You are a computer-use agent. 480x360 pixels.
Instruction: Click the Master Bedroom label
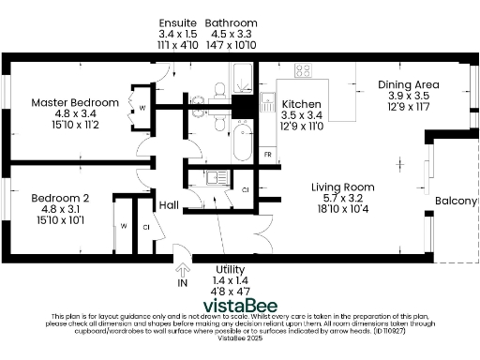pos(75,102)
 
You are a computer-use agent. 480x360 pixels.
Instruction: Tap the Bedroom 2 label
pos(60,198)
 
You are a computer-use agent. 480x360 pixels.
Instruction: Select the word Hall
pos(169,205)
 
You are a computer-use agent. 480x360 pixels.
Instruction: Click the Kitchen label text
pos(302,104)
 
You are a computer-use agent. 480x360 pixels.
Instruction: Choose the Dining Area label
pos(408,84)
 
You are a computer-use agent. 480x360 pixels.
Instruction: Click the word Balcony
pos(457,202)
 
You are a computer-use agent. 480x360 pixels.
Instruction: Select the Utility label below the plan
pos(230,269)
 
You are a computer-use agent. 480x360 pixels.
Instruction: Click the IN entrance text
pos(182,282)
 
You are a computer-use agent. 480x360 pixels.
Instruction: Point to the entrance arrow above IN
pos(182,268)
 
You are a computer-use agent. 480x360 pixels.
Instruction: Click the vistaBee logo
pos(240,304)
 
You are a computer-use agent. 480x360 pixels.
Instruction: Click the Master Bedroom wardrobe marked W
pos(142,108)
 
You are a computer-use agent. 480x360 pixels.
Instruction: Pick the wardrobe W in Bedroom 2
pos(123,226)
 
